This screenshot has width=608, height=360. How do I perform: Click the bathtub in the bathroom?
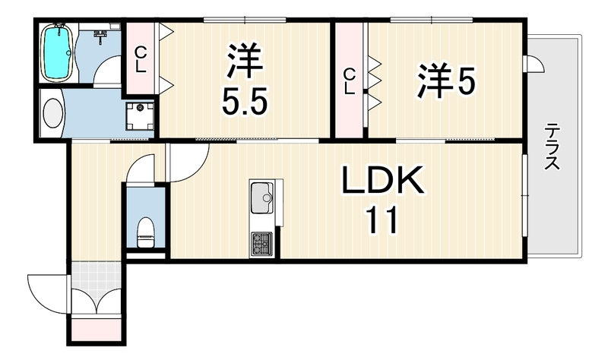pos(57,52)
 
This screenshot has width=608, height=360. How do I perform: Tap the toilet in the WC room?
pos(146,232)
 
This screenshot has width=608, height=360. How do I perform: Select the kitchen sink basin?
pos(261,197)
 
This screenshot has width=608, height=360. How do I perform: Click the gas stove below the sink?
pos(261,243)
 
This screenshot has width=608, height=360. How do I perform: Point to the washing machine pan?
pos(140,115)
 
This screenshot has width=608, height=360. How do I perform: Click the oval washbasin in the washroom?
pos(52,113)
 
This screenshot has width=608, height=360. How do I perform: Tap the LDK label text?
pos(382,180)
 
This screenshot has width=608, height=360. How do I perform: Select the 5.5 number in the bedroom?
pos(244,101)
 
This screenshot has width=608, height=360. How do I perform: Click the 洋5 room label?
pos(446,82)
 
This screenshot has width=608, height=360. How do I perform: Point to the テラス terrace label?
pos(552,146)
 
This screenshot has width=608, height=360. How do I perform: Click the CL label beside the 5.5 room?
pos(141,60)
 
